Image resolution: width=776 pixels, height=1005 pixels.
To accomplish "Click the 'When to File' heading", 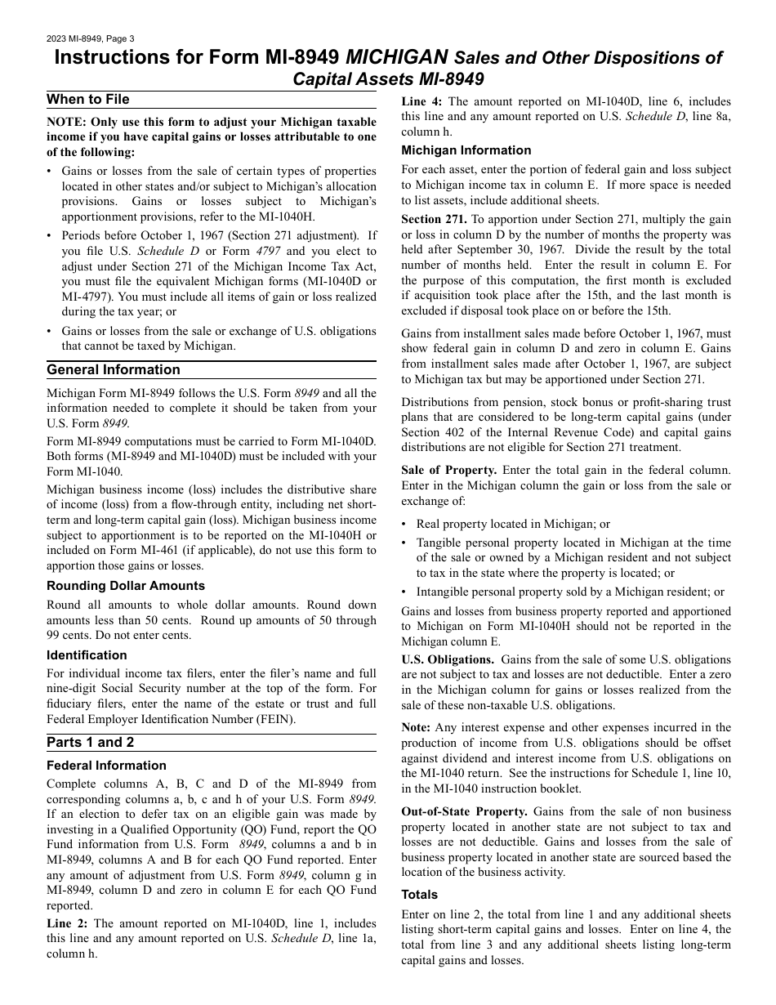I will tap(88, 100).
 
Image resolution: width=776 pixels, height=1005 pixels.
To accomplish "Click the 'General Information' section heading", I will tap(114, 369).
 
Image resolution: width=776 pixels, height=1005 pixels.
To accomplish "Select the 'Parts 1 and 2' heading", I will tap(91, 742).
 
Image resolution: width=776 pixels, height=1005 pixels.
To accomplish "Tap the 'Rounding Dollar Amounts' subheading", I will tap(126, 586).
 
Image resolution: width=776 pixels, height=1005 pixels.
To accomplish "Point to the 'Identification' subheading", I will tap(87, 655).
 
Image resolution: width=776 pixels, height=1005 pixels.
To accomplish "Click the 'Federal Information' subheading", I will tap(106, 766).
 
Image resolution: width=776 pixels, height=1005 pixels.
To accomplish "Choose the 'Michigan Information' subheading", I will tap(466, 150).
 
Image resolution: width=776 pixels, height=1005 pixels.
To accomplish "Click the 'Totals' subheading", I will tap(419, 895).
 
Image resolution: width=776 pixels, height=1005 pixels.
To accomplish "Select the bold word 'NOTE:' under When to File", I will tap(66, 123).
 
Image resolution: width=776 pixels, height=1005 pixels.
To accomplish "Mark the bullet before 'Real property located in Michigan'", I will tap(404, 525).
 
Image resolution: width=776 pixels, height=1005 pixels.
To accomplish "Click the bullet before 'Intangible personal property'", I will tap(404, 592).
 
